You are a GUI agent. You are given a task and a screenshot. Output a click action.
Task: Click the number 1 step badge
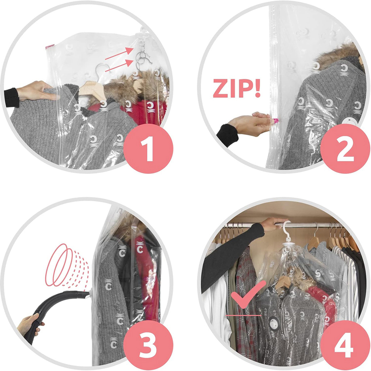pyautogui.click(x=148, y=149)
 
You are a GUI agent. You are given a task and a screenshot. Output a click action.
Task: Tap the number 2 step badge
pyautogui.click(x=345, y=149)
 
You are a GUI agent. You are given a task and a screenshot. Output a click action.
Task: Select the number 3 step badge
pyautogui.click(x=148, y=346)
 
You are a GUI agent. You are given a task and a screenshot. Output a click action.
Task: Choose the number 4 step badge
pyautogui.click(x=345, y=346)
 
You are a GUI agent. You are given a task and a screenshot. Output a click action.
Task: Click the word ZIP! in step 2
pyautogui.click(x=237, y=88)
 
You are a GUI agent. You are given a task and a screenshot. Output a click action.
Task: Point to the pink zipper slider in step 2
pyautogui.click(x=275, y=121)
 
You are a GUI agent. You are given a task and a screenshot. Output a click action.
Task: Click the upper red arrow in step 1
pyautogui.click(x=119, y=53)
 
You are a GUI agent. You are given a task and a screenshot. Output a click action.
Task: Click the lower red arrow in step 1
pyautogui.click(x=119, y=66)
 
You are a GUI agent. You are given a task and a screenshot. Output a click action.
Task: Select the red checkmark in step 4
pyautogui.click(x=248, y=294)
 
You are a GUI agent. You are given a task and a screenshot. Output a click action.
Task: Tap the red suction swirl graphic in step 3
pyautogui.click(x=67, y=265)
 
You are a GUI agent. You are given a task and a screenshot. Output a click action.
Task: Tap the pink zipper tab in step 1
pyautogui.click(x=50, y=46)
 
